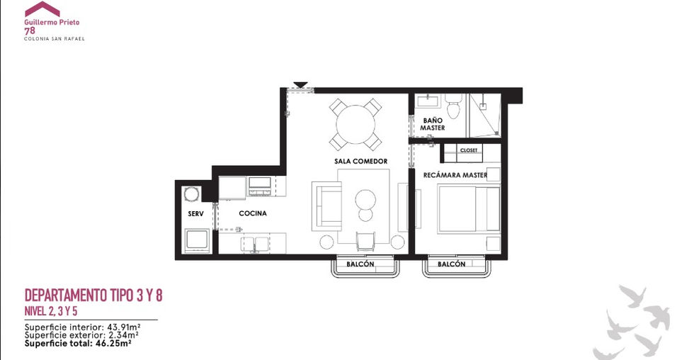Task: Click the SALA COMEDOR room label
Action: [x=360, y=161]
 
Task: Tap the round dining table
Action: [x=355, y=125]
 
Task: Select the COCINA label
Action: [x=253, y=213]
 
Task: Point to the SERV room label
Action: [x=195, y=214]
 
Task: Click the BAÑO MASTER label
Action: [x=433, y=124]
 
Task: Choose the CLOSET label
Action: [x=469, y=150]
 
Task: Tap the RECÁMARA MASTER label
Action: [x=455, y=175]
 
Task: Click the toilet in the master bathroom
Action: [x=453, y=106]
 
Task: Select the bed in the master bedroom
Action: [x=469, y=209]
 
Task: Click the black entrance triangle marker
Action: [x=300, y=85]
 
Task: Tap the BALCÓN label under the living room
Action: [x=360, y=264]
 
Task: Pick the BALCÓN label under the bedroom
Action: [x=452, y=264]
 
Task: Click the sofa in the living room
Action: [x=326, y=206]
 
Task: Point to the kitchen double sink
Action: [x=254, y=244]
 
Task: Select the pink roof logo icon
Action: [x=42, y=9]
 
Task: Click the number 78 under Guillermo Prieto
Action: [x=30, y=30]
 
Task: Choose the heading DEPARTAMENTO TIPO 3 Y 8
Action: [x=93, y=296]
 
